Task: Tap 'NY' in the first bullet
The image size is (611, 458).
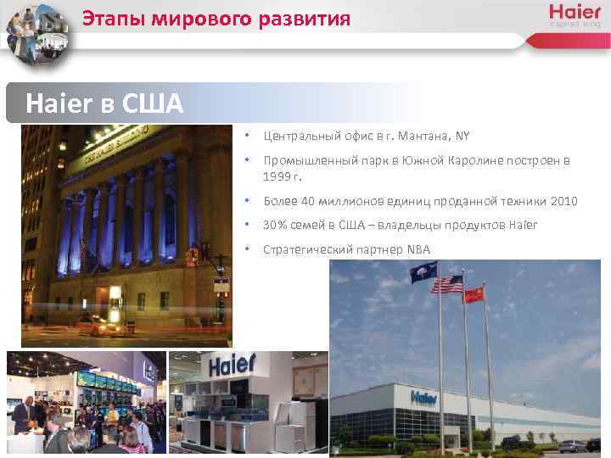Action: [462, 136]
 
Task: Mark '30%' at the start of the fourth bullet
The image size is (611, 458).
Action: [275, 226]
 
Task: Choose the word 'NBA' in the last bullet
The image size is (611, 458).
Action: [418, 249]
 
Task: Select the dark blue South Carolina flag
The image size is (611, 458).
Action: [426, 270]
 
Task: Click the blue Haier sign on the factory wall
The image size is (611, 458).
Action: [424, 397]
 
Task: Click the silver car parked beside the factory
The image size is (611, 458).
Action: [572, 445]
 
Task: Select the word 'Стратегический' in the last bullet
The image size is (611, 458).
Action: [304, 249]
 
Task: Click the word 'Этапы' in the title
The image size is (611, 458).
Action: [110, 18]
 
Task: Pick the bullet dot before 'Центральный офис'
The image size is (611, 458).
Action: [245, 136]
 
